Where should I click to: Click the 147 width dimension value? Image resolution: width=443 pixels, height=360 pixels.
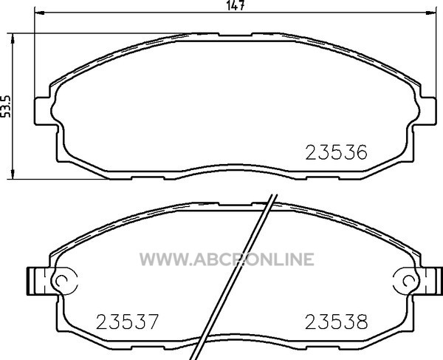[x=236, y=5]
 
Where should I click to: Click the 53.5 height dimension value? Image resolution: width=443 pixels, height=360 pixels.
[x=5, y=106]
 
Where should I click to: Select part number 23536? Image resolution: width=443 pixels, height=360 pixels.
[x=336, y=152]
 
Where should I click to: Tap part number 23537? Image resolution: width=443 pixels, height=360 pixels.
[x=127, y=322]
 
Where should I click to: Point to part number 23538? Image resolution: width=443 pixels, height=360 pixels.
[x=336, y=322]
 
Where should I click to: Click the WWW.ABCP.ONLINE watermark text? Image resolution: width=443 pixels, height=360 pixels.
[x=227, y=259]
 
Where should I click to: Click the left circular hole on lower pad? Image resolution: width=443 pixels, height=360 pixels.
[x=61, y=281]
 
